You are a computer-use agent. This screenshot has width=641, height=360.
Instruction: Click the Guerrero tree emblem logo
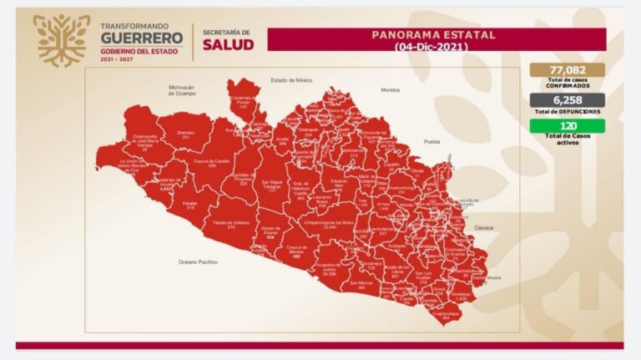(62, 39)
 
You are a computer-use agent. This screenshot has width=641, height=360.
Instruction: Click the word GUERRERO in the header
(141, 38)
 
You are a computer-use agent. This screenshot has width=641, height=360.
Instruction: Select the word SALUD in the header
(228, 43)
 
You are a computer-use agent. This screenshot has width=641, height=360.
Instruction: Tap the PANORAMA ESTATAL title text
(432, 35)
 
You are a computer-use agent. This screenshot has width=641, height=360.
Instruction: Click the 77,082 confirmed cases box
(567, 70)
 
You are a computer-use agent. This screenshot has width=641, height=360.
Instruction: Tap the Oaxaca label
(485, 227)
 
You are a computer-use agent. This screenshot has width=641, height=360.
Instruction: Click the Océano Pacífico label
(198, 261)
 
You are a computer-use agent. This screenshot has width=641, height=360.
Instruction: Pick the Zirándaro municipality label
(186, 134)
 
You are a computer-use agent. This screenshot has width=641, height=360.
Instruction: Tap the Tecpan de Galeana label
(230, 224)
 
